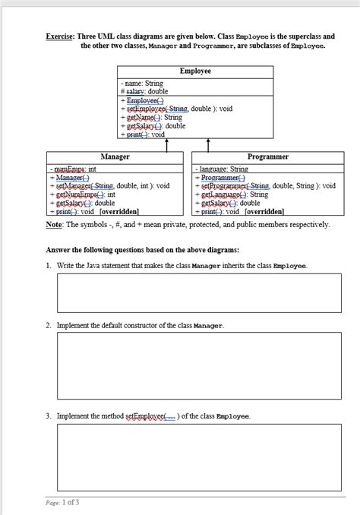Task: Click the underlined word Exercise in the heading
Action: [x=61, y=36]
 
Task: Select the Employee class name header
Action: [x=195, y=71]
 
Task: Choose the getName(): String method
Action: [x=153, y=117]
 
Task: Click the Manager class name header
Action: [x=115, y=156]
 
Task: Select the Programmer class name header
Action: [x=268, y=156]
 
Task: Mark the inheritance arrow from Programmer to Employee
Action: [x=207, y=145]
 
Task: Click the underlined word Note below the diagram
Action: [x=55, y=225]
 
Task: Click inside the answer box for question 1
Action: [x=199, y=292]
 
